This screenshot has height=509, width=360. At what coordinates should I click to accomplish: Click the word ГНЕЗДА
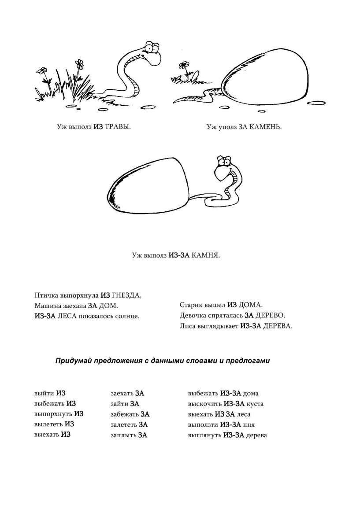(x=126, y=295)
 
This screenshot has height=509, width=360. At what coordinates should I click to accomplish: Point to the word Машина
(x=47, y=305)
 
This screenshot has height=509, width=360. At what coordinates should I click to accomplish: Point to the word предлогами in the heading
(x=248, y=361)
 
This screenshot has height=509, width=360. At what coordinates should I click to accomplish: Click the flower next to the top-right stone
(x=183, y=66)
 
